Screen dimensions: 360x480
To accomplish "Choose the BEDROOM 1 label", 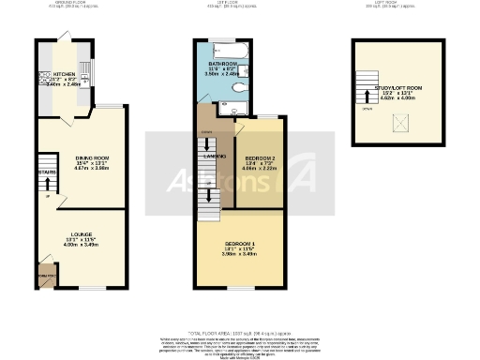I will (x=238, y=240).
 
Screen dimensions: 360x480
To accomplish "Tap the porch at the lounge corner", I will (x=44, y=277).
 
